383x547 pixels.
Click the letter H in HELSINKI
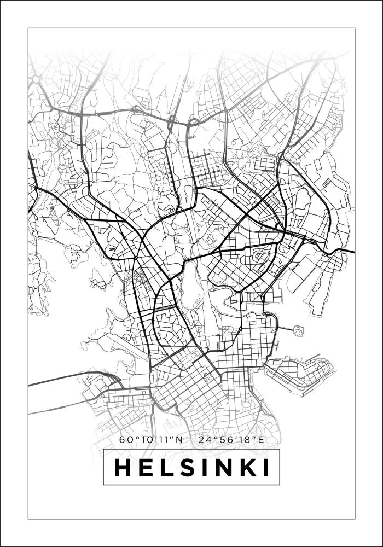(x=123, y=468)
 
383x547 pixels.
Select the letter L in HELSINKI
(x=165, y=468)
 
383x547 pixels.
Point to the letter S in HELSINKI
(x=184, y=468)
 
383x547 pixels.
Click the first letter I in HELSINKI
(x=200, y=468)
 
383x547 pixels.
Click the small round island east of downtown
(x=298, y=330)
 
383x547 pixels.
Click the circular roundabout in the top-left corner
(x=35, y=79)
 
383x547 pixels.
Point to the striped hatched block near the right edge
(x=327, y=183)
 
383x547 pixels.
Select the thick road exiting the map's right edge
(x=347, y=251)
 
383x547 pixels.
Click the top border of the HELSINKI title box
(x=191, y=449)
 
